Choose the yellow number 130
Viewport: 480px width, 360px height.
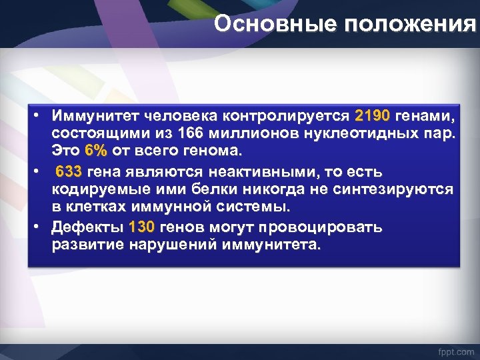141,227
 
